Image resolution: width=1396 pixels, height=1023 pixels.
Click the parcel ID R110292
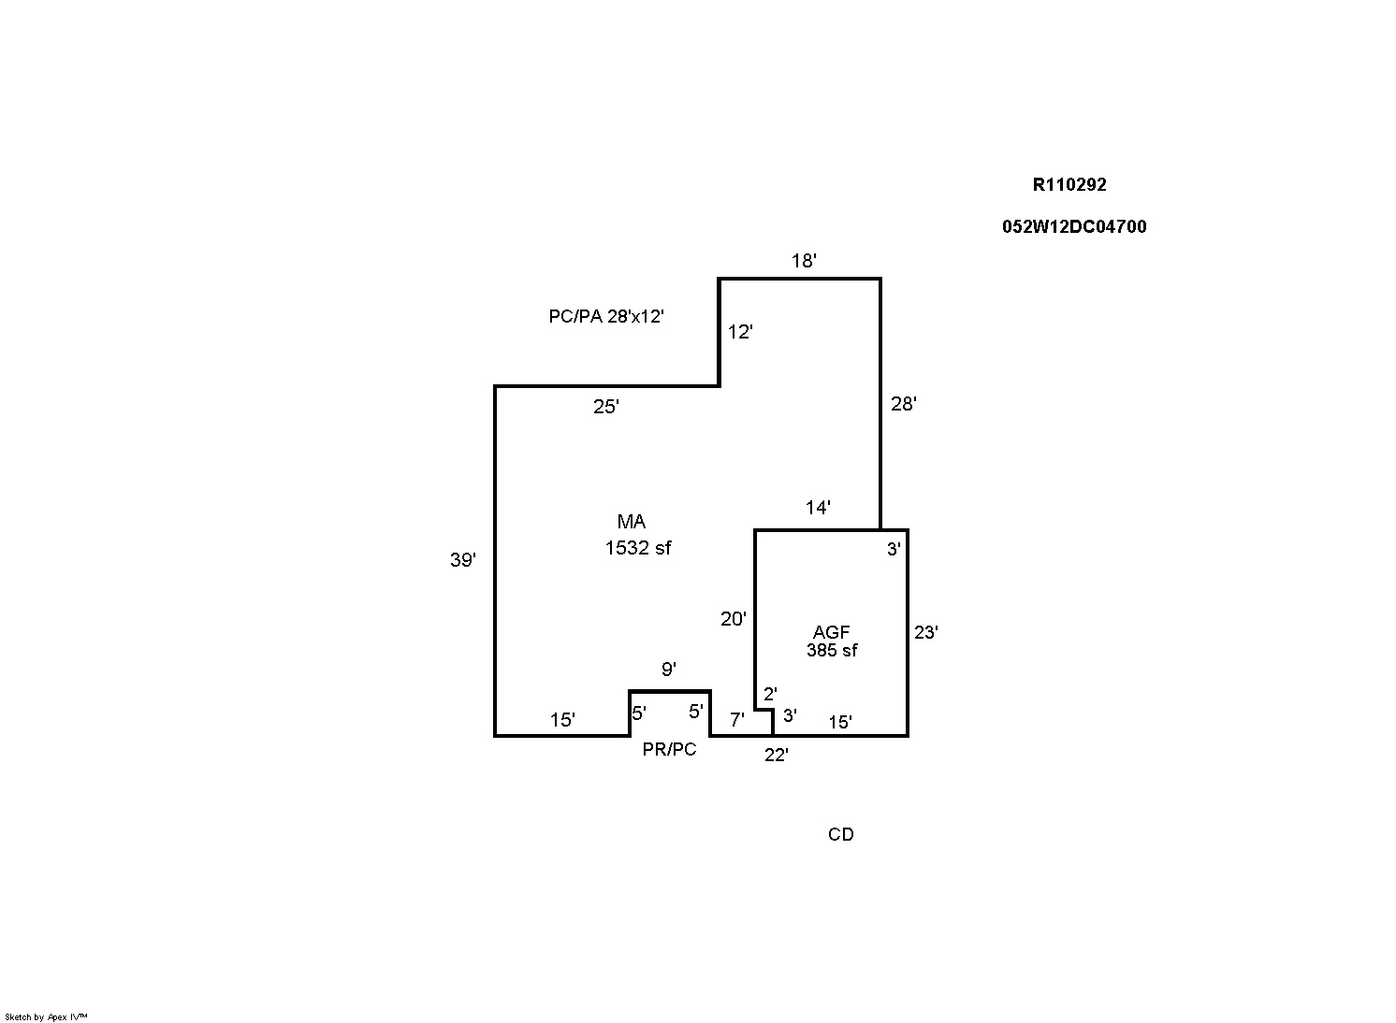tap(1069, 184)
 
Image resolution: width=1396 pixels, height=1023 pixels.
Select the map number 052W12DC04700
tap(1073, 226)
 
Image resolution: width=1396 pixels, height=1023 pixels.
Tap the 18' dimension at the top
tap(804, 261)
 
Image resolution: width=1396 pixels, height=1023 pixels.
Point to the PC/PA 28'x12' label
tap(606, 316)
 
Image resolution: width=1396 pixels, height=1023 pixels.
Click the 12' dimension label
tap(740, 332)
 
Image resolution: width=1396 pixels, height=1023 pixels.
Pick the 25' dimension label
tap(606, 407)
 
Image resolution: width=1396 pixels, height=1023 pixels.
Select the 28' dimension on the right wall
tap(904, 404)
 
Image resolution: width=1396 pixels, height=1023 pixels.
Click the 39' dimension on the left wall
tap(463, 560)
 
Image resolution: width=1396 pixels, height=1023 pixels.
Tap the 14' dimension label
tap(818, 508)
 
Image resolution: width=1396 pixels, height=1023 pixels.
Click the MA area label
tap(632, 522)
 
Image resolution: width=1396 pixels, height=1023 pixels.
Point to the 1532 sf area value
tap(638, 548)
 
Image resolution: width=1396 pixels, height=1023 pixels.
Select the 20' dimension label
tap(734, 618)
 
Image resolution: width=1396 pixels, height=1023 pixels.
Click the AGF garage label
tap(831, 633)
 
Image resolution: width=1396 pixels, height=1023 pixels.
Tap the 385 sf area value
tap(832, 650)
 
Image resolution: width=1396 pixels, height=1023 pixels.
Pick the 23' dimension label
tap(926, 632)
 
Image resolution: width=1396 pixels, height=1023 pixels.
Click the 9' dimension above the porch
tap(669, 669)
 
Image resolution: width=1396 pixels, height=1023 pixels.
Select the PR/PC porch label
tap(669, 749)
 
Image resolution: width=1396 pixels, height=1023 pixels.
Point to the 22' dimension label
tap(777, 756)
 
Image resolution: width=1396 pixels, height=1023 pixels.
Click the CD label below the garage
tap(840, 834)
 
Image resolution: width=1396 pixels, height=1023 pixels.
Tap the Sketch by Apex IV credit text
tap(46, 1016)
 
